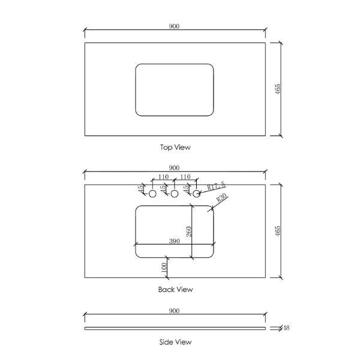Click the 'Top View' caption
click(x=175, y=146)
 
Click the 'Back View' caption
click(x=175, y=289)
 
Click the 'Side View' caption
click(x=175, y=342)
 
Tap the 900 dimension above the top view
click(x=175, y=26)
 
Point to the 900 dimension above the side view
click(x=175, y=311)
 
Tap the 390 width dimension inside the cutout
click(x=175, y=240)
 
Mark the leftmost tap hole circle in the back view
click(x=152, y=194)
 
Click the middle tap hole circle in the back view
click(x=174, y=194)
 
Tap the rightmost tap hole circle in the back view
click(x=196, y=194)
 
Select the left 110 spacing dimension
click(x=163, y=177)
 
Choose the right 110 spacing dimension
click(x=185, y=177)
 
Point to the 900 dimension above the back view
click(x=175, y=168)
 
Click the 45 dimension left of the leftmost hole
click(x=141, y=189)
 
